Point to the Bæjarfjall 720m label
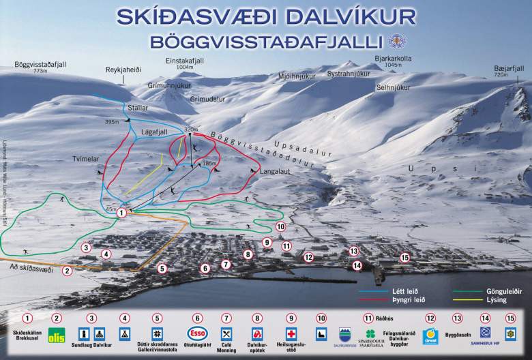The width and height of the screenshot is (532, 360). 511,71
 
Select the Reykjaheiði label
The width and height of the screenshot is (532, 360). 123,70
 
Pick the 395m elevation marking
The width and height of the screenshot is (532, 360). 112,122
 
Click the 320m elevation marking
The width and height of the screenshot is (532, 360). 190,129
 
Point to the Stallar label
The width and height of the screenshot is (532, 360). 138,108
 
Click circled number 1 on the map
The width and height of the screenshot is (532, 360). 121,213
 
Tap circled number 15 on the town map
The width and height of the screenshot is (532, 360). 405,257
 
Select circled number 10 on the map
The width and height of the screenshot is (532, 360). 280,226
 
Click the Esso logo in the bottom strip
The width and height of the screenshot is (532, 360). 198,334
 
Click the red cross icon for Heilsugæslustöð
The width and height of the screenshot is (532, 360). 291,334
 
